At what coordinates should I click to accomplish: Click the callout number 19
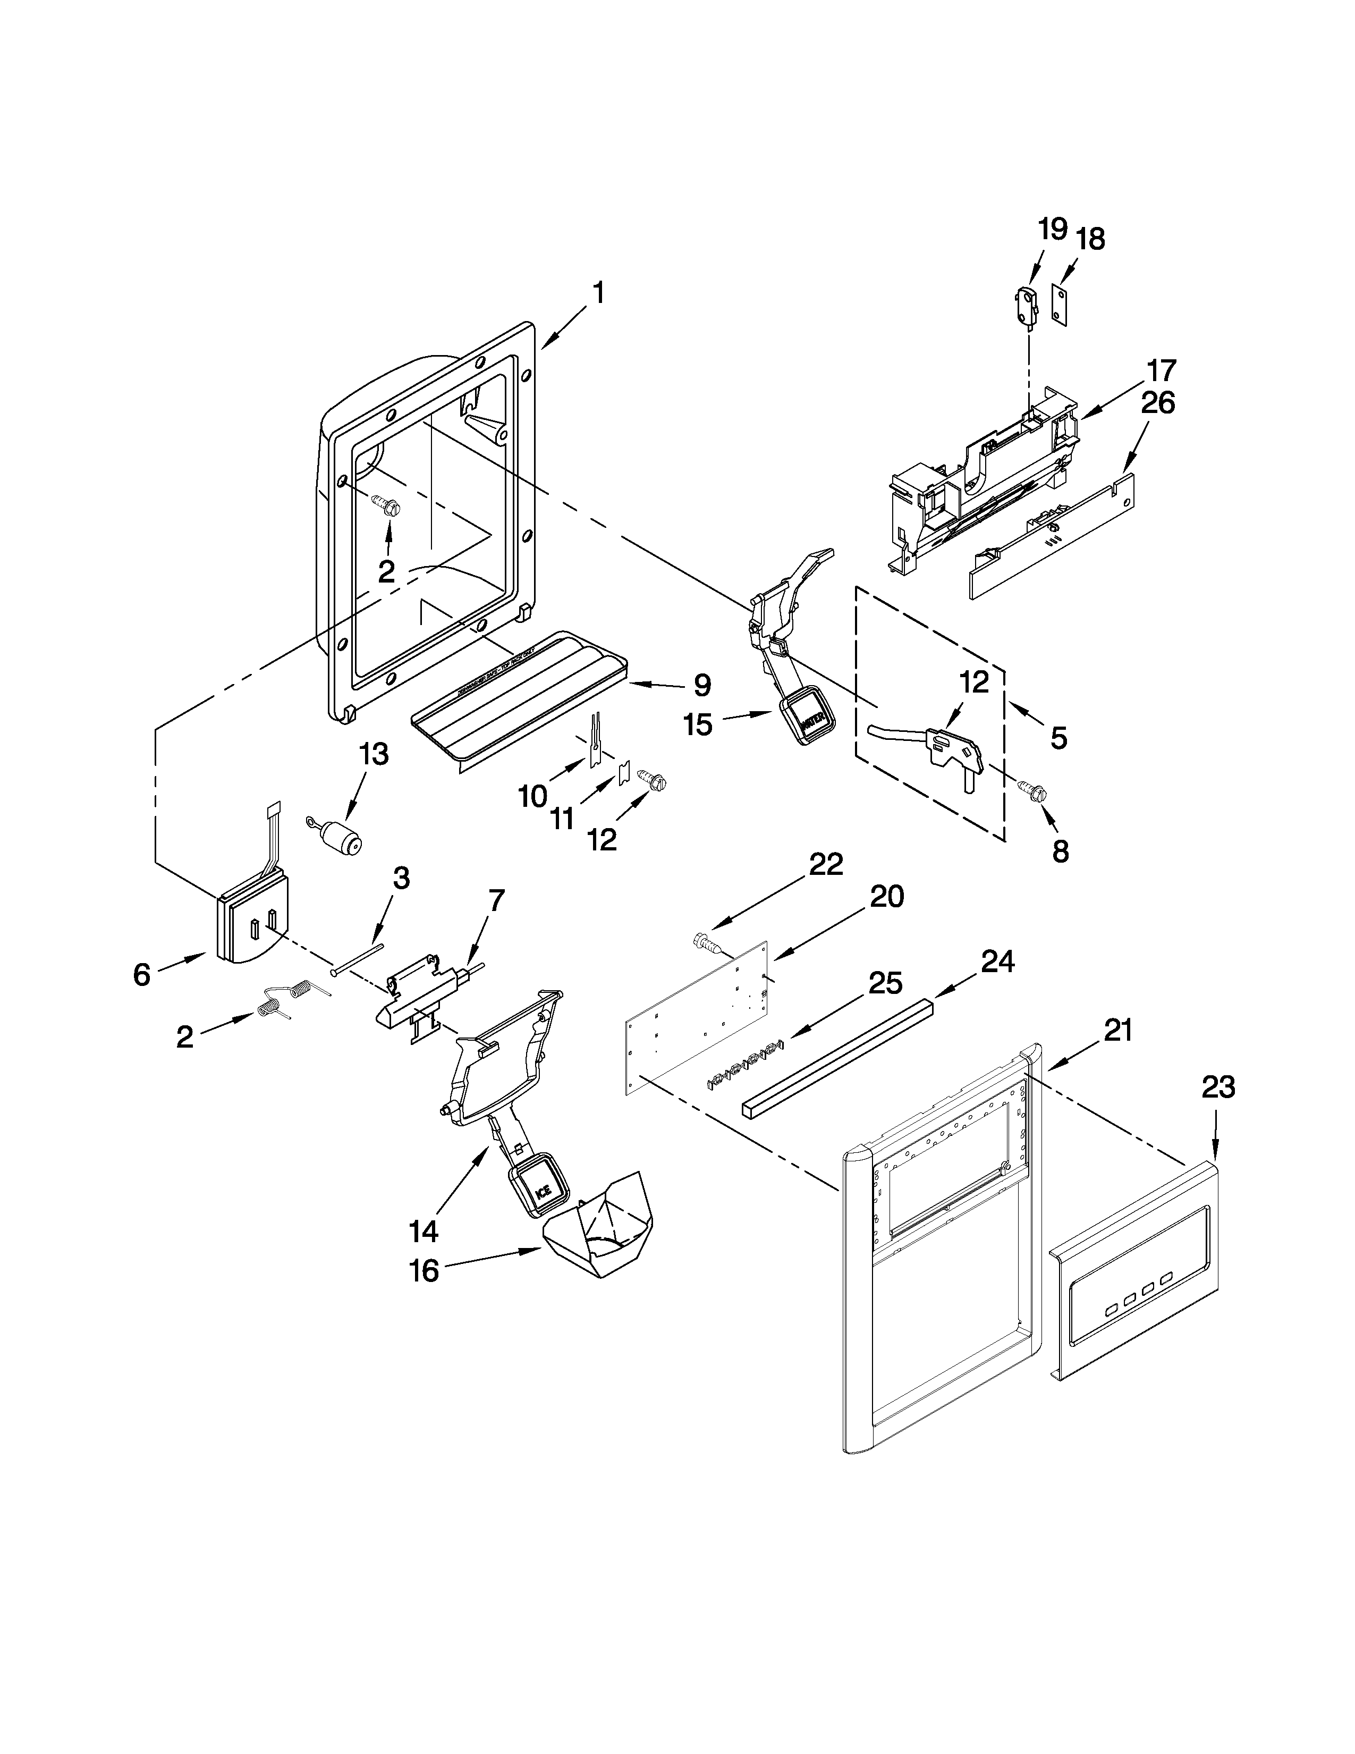click(x=1052, y=229)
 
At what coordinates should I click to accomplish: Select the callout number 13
click(x=373, y=754)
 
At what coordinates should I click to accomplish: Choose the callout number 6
click(x=142, y=975)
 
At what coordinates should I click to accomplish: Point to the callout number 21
click(x=1117, y=1030)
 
